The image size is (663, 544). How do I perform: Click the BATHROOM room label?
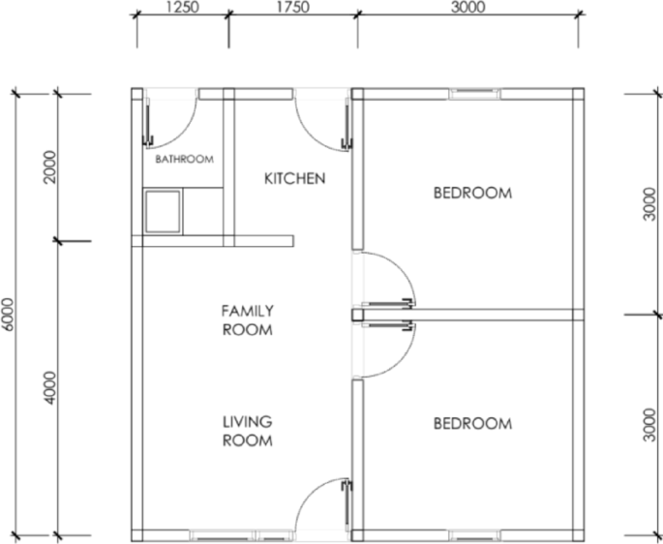[184, 160]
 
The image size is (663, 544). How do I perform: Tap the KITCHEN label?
[294, 178]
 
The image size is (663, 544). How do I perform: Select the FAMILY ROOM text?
[248, 320]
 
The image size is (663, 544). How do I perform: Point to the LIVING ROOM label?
[248, 431]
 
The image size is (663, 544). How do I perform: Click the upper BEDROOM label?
[472, 193]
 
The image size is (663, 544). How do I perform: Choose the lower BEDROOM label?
[472, 423]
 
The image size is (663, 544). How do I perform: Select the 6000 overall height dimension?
[7, 315]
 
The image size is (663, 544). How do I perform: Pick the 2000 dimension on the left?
[49, 166]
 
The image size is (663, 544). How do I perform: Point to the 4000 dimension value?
[49, 388]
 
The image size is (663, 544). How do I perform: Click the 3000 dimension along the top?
[468, 7]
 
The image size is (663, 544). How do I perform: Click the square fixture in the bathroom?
[163, 212]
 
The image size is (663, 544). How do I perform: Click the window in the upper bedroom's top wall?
[474, 94]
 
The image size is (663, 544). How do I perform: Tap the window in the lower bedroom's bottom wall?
[474, 535]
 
